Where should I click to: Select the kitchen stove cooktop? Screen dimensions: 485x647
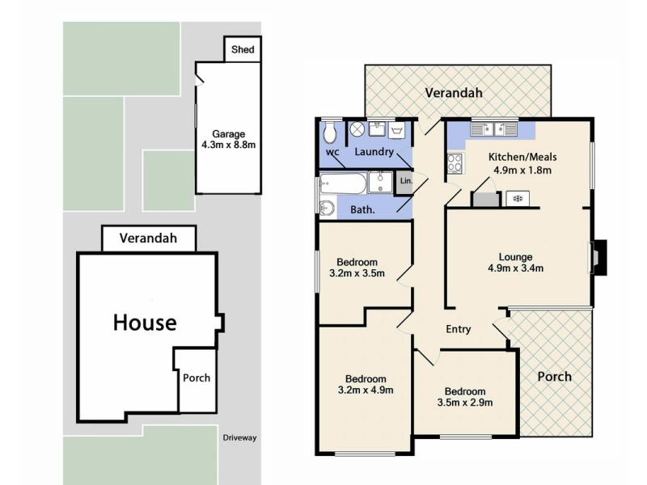(x=454, y=164)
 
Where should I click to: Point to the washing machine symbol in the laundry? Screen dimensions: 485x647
(x=357, y=129)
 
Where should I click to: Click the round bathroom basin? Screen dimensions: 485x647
(x=326, y=209)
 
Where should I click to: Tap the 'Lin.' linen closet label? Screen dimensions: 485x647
(x=406, y=181)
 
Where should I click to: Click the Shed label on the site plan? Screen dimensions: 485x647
(x=243, y=49)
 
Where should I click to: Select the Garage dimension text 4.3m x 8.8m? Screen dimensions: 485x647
(x=229, y=145)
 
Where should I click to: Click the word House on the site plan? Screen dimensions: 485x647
(x=144, y=323)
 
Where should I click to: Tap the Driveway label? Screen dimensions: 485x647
(x=239, y=438)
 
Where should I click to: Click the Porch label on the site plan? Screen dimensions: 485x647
(x=197, y=378)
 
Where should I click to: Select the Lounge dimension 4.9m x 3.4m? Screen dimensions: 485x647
(x=515, y=268)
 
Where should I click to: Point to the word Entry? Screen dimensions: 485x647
(x=459, y=329)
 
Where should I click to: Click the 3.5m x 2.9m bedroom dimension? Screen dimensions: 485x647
(x=465, y=402)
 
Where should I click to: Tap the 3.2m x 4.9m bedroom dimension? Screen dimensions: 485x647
(x=366, y=390)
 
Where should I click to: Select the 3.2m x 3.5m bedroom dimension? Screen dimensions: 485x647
(x=357, y=273)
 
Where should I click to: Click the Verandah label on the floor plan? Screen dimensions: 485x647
(x=454, y=93)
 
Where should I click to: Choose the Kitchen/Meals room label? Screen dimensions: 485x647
(x=522, y=157)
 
